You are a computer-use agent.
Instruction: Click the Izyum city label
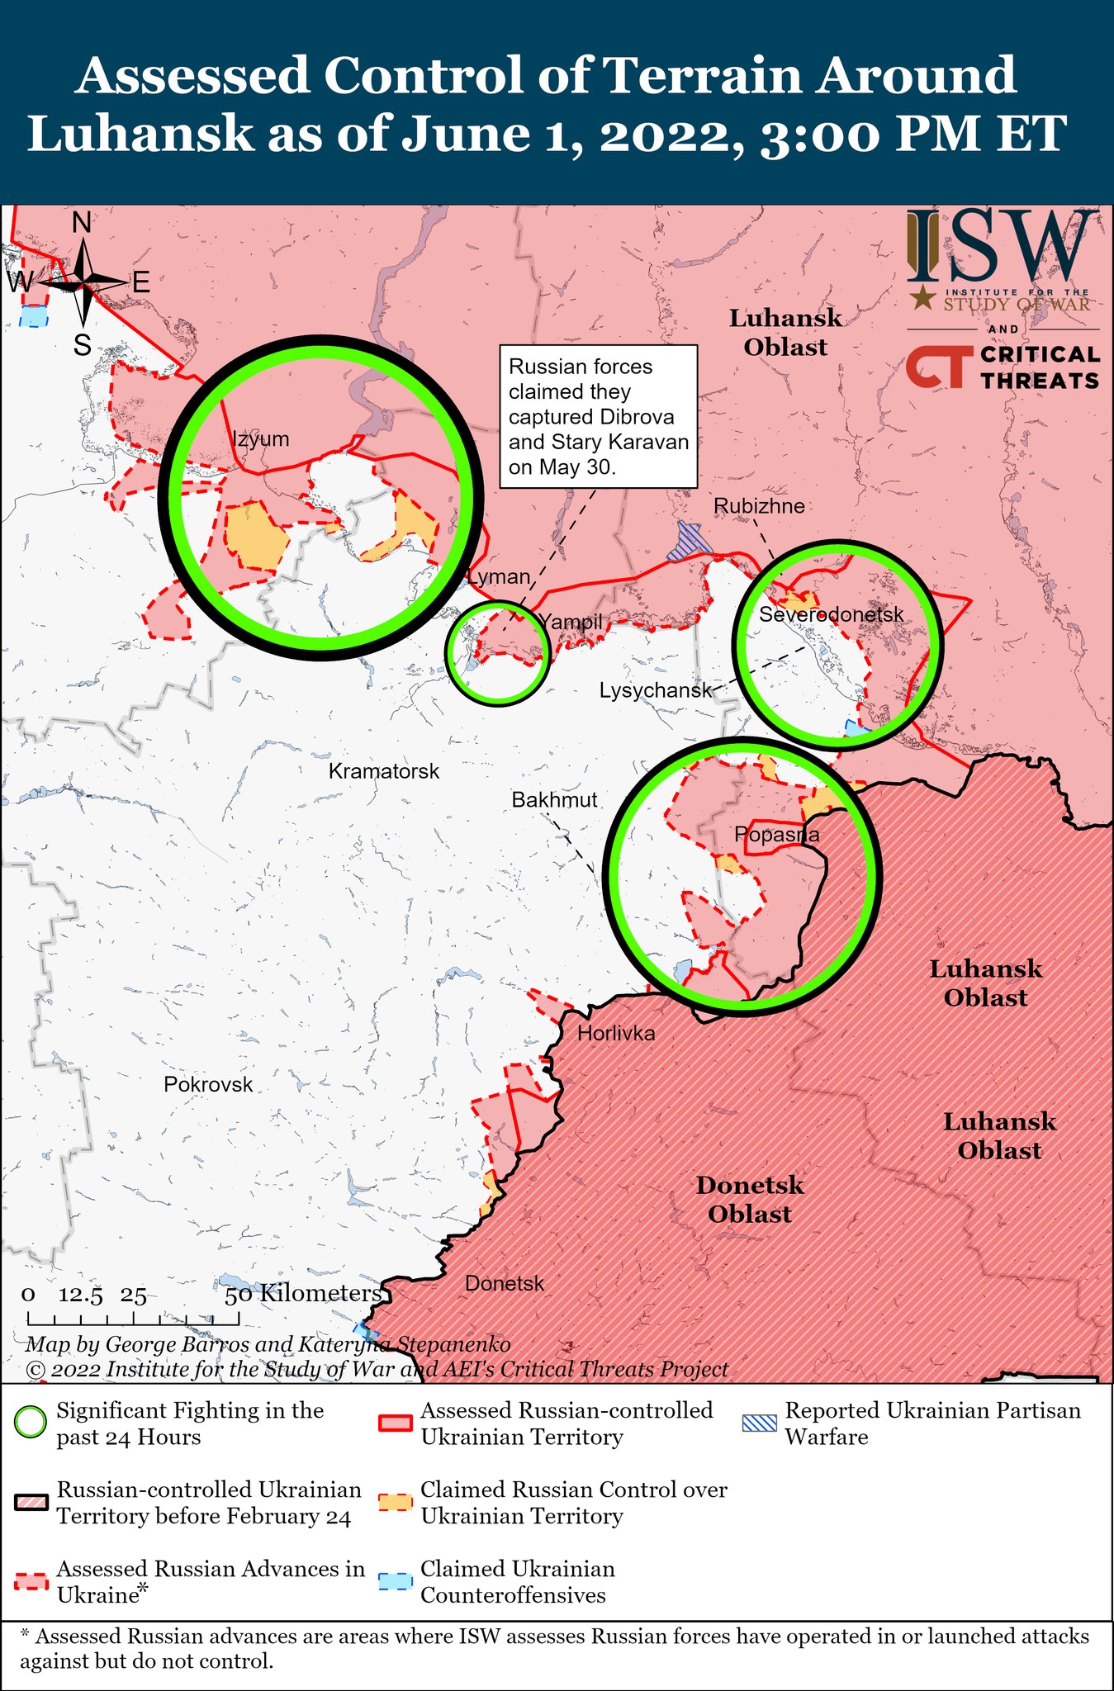(260, 438)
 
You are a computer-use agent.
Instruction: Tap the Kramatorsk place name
(384, 771)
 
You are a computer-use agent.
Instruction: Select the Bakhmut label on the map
(554, 799)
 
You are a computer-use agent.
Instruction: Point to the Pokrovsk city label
(208, 1084)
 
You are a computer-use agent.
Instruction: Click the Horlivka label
(616, 1033)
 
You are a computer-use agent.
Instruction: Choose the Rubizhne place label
(759, 505)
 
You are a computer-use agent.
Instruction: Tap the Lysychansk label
(655, 690)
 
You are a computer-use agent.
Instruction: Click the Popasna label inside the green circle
(777, 835)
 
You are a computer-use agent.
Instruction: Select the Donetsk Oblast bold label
(749, 1200)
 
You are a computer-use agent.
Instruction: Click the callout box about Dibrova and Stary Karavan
(599, 417)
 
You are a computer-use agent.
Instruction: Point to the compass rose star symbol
(84, 282)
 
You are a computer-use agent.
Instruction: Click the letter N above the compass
(82, 223)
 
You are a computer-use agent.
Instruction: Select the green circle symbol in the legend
(31, 1423)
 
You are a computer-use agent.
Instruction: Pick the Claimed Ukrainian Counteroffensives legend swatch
(395, 1581)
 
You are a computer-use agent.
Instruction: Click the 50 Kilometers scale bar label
(302, 1293)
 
